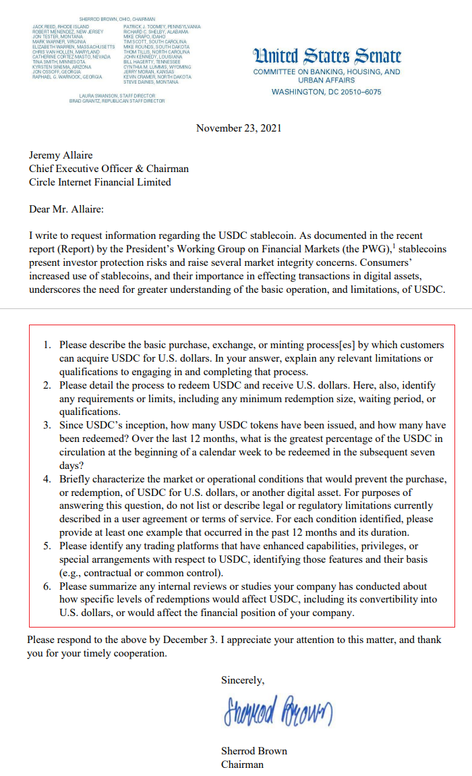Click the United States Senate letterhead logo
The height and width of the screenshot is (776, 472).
326,57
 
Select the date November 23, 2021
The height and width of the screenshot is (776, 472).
239,128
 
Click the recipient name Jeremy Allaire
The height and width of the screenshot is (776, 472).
61,155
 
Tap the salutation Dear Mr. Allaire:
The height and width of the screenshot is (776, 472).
67,209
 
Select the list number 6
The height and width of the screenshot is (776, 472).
47,586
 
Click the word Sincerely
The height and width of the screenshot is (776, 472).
243,681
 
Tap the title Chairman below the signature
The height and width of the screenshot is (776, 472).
242,765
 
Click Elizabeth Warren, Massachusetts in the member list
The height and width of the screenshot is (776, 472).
74,47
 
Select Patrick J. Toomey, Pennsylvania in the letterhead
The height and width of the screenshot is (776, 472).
161,26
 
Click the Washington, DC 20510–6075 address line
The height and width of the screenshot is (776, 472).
326,92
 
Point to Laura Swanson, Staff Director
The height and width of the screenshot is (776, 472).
117,96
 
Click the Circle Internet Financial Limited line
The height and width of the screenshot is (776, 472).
100,182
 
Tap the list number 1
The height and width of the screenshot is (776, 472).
47,345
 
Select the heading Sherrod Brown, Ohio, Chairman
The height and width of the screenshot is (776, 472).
117,19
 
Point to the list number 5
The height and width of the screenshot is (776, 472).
47,546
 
